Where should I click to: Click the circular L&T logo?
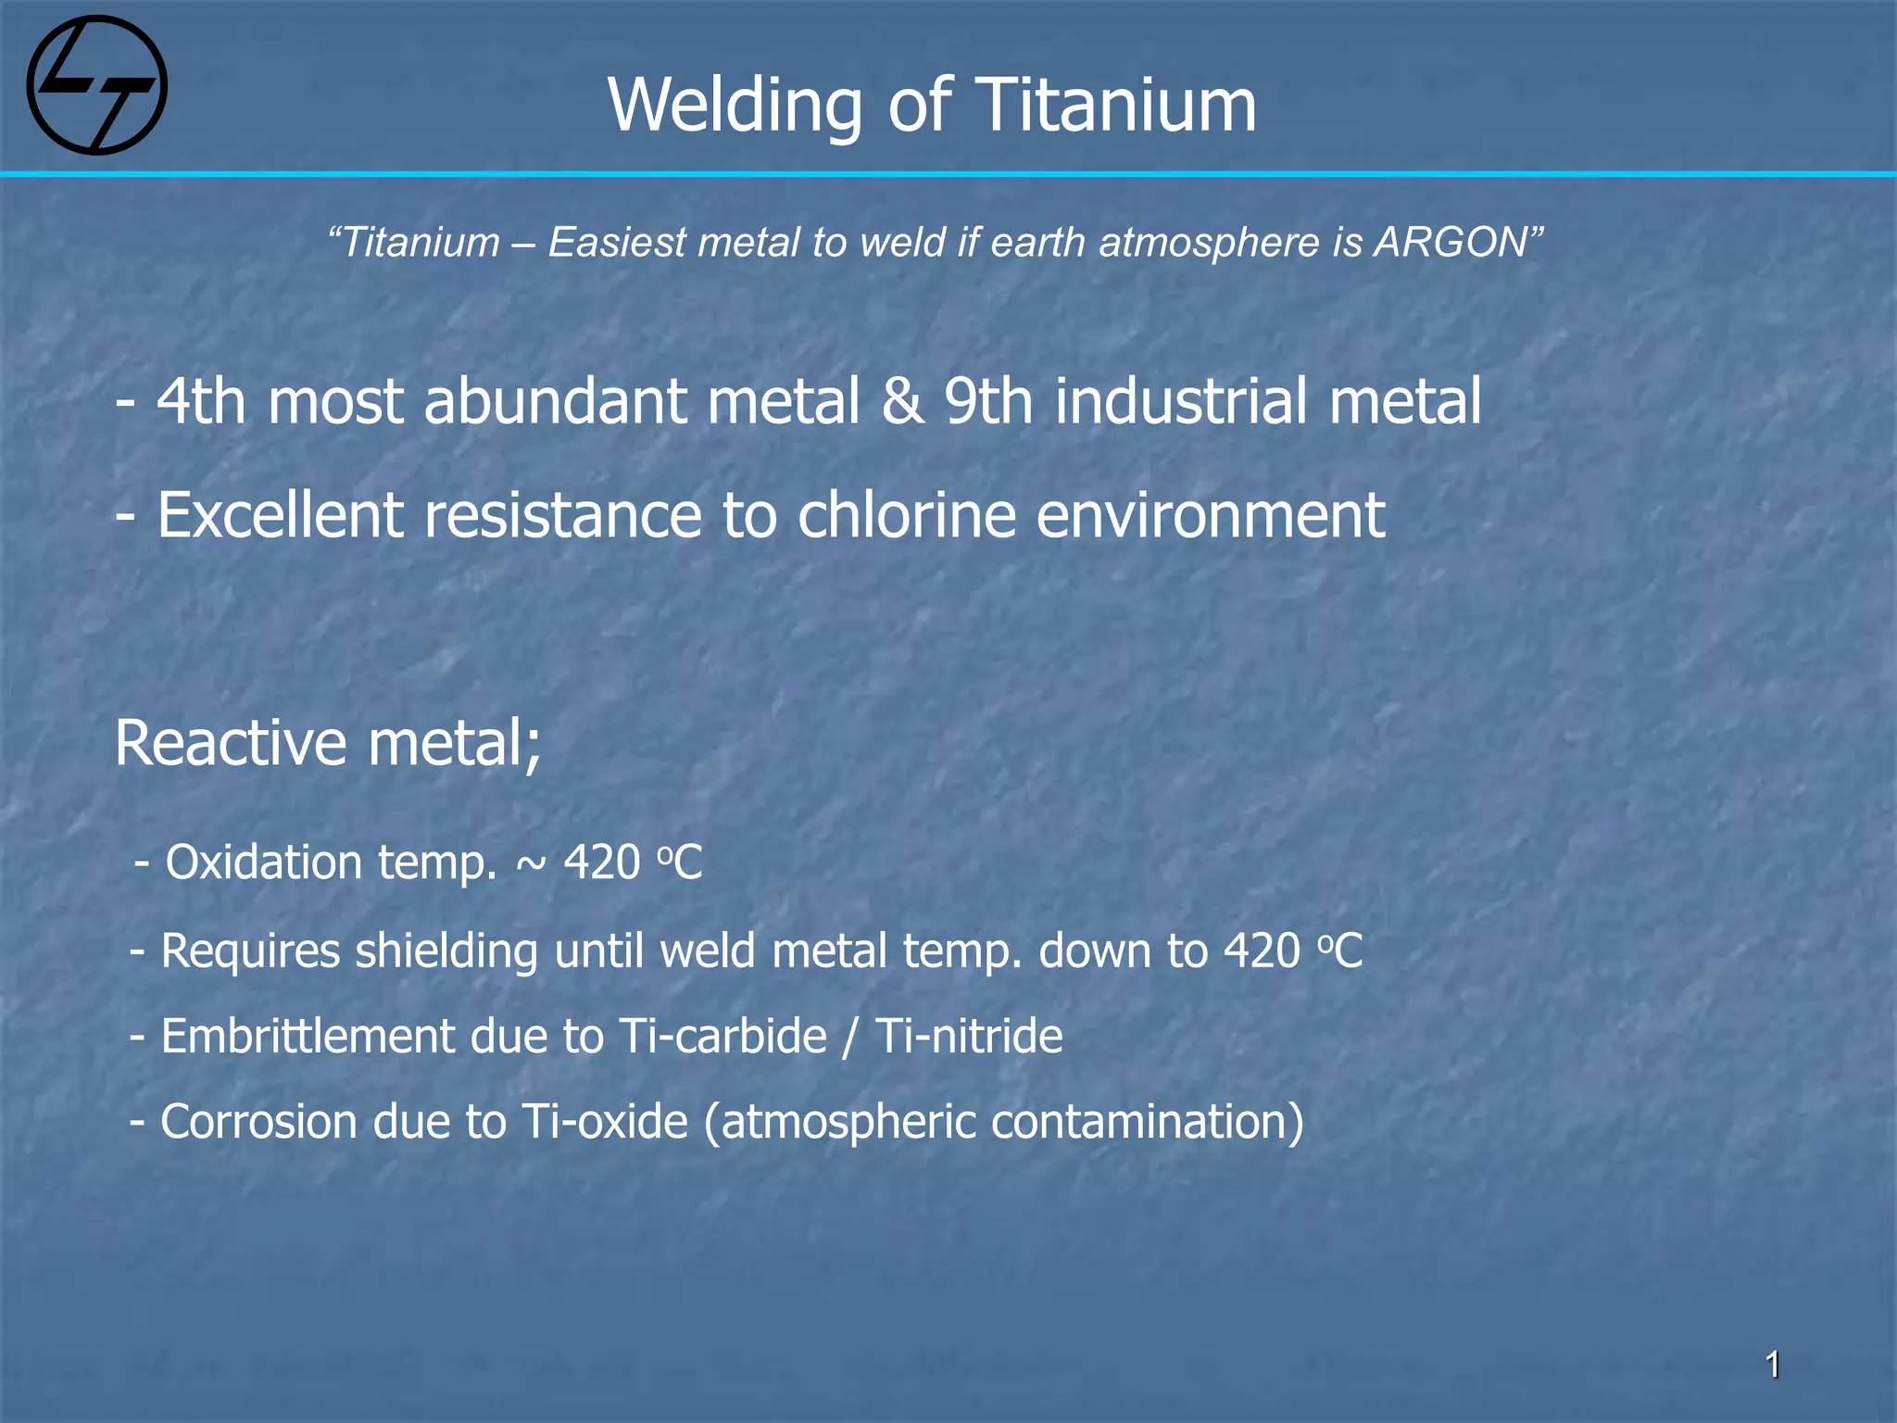tap(97, 85)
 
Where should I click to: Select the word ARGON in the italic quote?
tap(1451, 243)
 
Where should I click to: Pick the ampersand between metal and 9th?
tap(902, 401)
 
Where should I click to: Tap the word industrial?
tap(1180, 401)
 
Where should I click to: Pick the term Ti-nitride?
tap(968, 1036)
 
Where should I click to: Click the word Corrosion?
tap(258, 1122)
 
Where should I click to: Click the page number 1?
tap(1772, 1365)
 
